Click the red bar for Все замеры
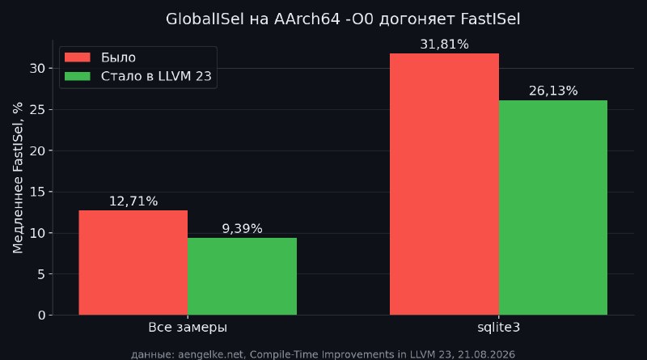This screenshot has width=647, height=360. (x=133, y=263)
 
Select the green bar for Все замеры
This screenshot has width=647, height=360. (x=242, y=276)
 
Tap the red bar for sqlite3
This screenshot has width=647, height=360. (x=444, y=184)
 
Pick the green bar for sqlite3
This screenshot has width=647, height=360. (x=553, y=208)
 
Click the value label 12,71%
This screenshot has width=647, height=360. (x=133, y=201)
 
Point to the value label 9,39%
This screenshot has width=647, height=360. (x=242, y=229)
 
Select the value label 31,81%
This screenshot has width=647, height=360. (x=444, y=44)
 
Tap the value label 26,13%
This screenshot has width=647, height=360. (x=553, y=91)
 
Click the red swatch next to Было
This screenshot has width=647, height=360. (x=78, y=57)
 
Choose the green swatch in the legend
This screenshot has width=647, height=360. (x=78, y=76)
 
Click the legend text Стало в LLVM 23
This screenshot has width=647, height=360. (x=156, y=76)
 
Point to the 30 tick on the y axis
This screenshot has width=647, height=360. (x=37, y=69)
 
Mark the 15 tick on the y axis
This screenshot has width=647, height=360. (x=37, y=192)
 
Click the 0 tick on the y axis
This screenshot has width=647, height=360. (x=42, y=316)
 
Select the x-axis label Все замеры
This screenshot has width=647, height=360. (x=188, y=328)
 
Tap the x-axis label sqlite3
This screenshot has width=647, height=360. (x=499, y=328)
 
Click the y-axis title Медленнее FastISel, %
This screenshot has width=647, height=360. (x=18, y=178)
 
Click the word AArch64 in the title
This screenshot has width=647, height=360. (x=307, y=19)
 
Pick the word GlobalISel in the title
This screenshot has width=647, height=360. (x=205, y=19)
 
